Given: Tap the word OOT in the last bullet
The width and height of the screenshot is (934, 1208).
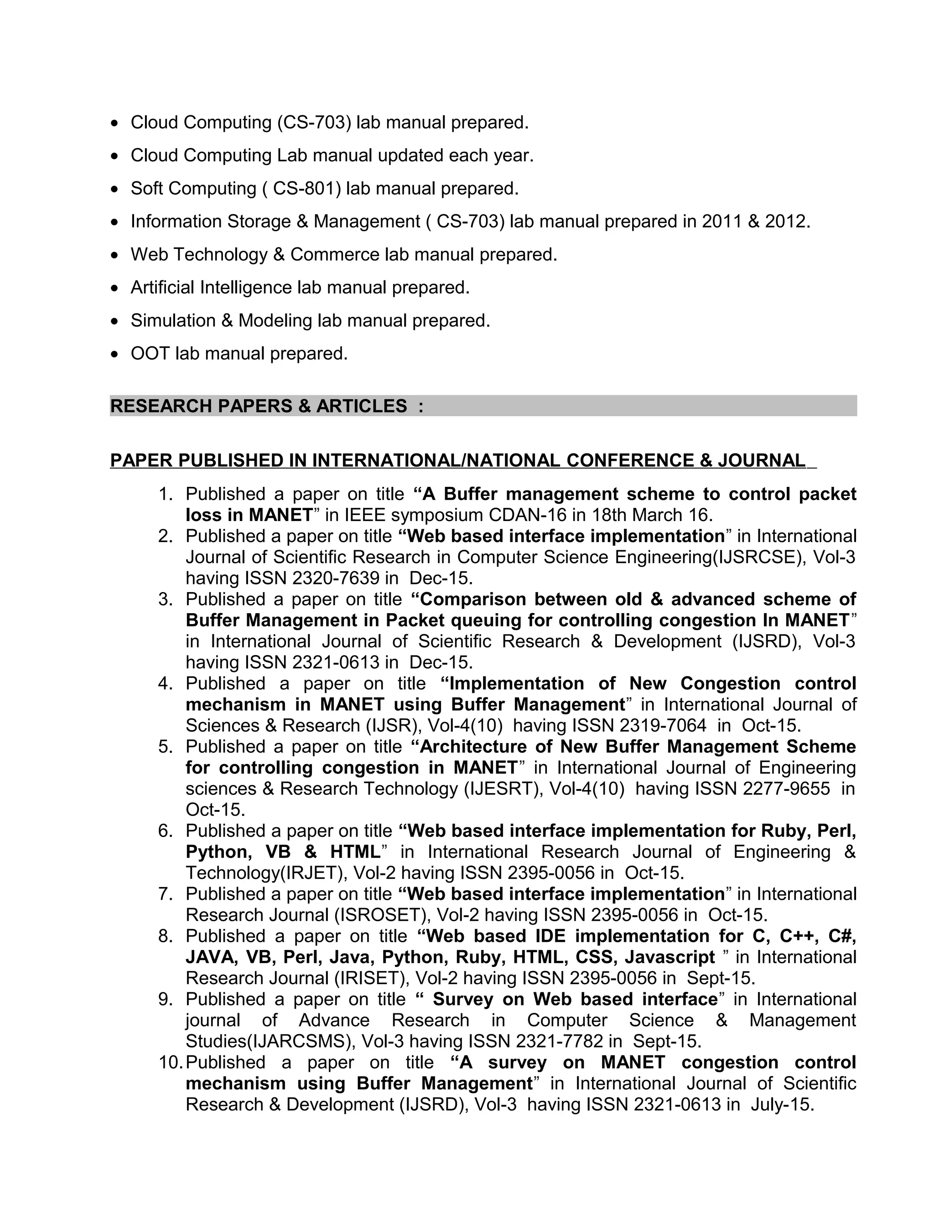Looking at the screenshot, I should (150, 353).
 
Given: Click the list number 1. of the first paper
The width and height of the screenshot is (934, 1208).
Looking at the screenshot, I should (166, 494).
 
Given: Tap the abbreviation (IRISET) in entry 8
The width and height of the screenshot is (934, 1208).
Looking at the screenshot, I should (371, 978).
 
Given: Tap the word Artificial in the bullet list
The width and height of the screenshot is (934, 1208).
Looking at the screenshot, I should (163, 288).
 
